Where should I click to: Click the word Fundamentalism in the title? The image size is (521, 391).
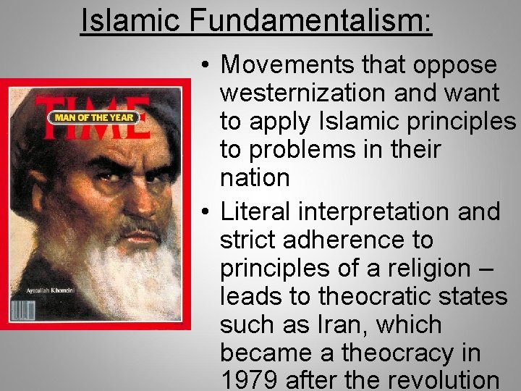pos(311,20)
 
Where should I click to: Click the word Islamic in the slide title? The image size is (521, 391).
pos(130,20)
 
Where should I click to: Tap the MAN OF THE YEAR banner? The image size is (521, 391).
pos(92,117)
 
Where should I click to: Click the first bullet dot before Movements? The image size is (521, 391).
pos(206,65)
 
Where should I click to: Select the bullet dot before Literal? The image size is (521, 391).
pos(206,212)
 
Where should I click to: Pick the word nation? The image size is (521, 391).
pos(254,177)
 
